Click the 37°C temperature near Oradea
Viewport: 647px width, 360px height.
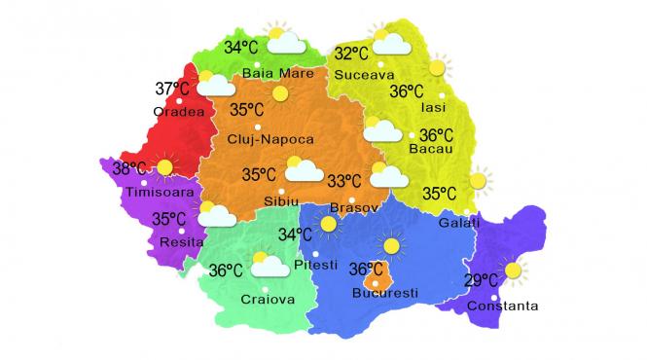(172, 90)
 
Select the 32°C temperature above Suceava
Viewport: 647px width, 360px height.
(351, 54)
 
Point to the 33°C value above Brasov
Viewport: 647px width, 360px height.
(343, 181)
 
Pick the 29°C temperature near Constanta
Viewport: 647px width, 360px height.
(482, 281)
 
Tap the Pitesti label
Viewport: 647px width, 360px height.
(315, 264)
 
